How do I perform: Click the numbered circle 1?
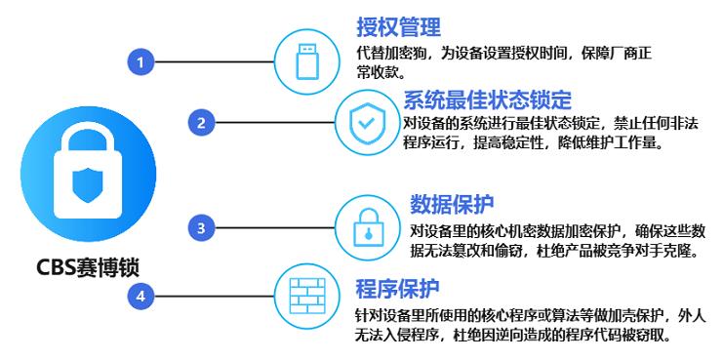click(141, 62)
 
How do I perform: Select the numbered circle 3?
click(200, 228)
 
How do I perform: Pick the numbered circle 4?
click(141, 294)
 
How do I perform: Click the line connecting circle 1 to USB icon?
click(210, 62)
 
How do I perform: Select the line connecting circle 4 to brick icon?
click(210, 294)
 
